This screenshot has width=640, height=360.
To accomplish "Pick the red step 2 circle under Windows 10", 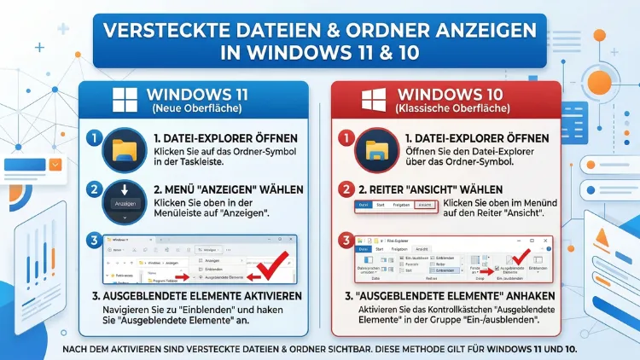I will coord(345,190).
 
